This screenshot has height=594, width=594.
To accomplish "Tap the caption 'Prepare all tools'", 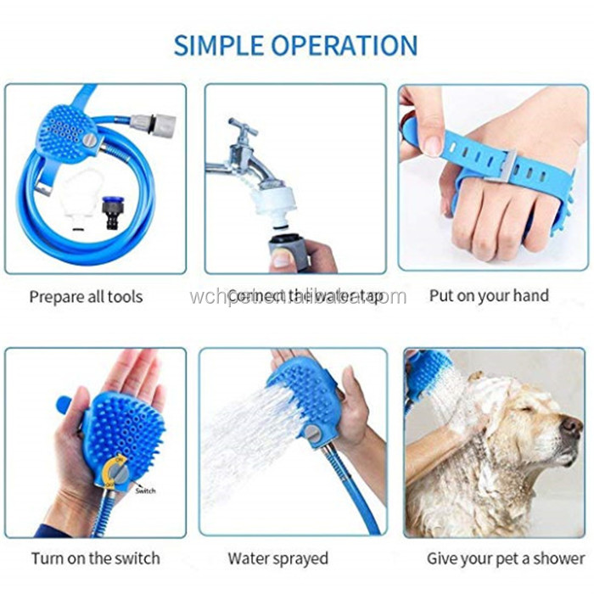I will pos(86,296).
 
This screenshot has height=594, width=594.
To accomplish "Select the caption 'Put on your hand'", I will pos(489,295).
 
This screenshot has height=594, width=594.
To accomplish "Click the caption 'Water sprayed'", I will pos(277,558).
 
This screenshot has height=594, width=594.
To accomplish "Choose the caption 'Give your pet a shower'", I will pos(495,558).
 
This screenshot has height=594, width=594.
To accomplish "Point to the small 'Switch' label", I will pos(146,490).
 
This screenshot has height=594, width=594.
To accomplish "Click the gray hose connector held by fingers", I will pos(282,251).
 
